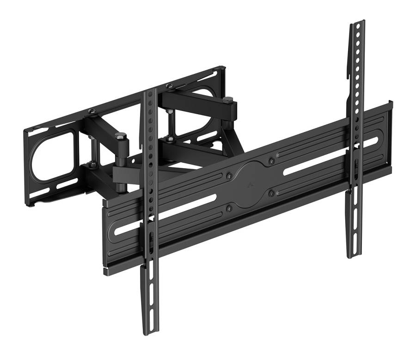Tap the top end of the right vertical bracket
(x=357, y=23)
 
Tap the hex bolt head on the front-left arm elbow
(x=121, y=136)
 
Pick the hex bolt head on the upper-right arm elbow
(x=227, y=99)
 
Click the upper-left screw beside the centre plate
(x=229, y=176)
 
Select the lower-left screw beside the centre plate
(x=229, y=209)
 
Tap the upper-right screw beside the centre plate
(x=271, y=161)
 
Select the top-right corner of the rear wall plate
(x=224, y=68)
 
